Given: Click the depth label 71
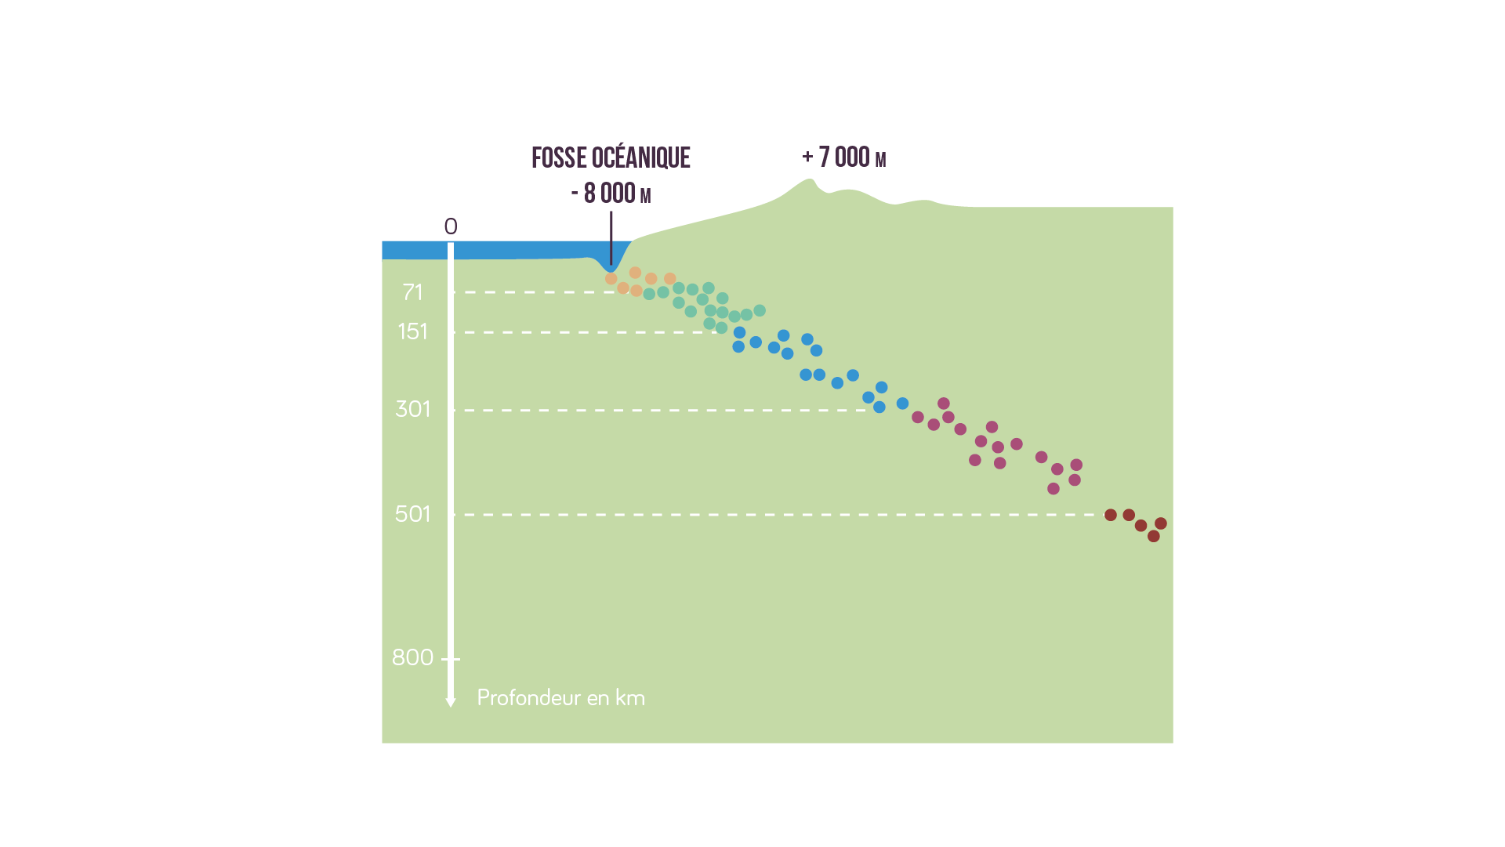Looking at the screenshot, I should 412,292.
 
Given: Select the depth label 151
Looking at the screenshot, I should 412,331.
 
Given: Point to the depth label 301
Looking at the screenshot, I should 412,409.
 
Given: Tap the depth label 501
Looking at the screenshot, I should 412,514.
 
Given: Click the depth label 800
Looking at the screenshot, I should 412,657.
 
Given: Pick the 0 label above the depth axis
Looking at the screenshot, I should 451,226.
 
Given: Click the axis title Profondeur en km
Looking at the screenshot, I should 560,697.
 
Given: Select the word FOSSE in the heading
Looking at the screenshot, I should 559,157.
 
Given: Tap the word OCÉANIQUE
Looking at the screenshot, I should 640,157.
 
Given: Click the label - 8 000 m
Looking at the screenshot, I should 611,193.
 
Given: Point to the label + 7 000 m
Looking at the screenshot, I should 844,157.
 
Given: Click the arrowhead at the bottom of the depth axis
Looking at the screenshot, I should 451,702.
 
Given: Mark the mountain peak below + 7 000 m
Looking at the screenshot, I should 809,180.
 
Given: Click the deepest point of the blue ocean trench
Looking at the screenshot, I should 611,270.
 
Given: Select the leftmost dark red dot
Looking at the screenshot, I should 1111,515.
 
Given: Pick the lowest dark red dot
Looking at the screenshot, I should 1153,536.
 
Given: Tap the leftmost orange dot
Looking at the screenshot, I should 611,279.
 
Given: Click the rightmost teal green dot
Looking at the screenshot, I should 760,311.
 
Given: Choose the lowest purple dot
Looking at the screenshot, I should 1053,489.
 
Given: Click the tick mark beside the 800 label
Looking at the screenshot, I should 451,659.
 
